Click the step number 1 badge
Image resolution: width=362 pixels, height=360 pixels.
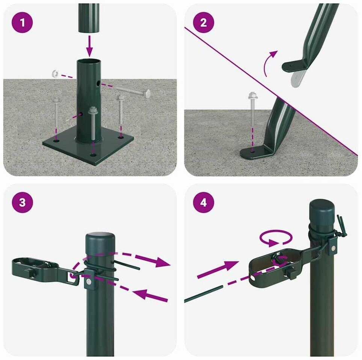point(23,22)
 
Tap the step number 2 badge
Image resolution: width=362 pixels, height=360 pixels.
point(204,22)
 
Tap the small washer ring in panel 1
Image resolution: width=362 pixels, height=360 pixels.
point(55,73)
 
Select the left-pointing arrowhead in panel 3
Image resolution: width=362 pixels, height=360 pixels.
point(144,294)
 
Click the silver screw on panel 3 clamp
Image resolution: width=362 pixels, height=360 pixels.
point(88,281)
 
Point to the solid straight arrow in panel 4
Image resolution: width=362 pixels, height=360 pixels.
point(218,269)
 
